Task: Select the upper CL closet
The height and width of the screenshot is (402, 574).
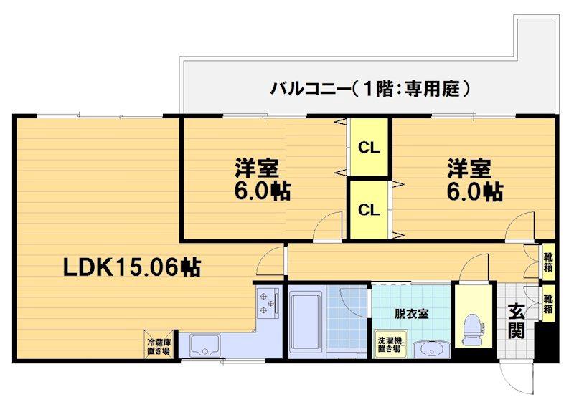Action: [x=369, y=148]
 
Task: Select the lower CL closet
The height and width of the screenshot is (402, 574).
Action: [x=369, y=210]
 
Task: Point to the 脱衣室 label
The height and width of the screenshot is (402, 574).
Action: [x=411, y=313]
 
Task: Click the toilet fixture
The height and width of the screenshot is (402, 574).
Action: [x=474, y=326]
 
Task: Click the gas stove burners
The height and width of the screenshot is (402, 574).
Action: [x=268, y=303]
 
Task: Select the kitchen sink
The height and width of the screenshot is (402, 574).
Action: [x=206, y=346]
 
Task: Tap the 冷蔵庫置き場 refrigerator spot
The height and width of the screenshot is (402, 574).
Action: [x=159, y=346]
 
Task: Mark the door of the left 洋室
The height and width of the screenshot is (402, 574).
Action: [x=330, y=226]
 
